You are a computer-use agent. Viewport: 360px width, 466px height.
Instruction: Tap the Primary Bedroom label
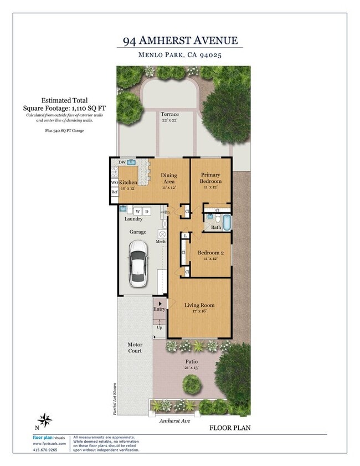point(210,178)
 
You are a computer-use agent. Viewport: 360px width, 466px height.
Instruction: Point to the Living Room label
point(199,305)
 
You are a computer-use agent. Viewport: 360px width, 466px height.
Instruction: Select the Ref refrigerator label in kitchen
point(115,192)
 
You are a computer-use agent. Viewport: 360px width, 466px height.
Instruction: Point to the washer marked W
point(137,211)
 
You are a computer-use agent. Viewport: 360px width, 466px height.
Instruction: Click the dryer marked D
point(147,211)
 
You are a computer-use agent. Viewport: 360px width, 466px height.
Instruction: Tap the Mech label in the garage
point(161,242)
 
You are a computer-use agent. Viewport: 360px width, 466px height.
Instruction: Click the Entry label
point(159,309)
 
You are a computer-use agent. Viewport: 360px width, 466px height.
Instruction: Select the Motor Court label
point(135,347)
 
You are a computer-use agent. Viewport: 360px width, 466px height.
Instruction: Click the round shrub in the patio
point(191,383)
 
